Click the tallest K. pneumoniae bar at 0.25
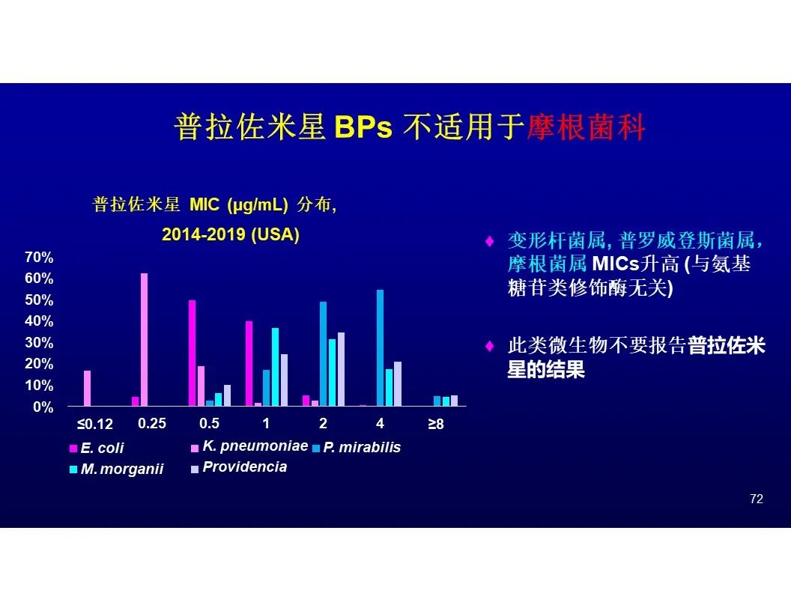pos(144,339)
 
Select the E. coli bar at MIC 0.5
pos(193,353)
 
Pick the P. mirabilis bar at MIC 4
pos(380,348)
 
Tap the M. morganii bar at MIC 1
pos(275,367)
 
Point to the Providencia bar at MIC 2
pos(341,369)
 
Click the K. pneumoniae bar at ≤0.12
pos(88,388)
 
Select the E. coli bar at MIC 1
pos(249,363)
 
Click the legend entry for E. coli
pos(97,448)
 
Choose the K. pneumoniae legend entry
pos(249,446)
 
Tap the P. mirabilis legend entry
pos(357,447)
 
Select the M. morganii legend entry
pos(117,469)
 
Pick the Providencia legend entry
pos(239,467)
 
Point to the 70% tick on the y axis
pos(39,257)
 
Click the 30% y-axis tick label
pos(39,343)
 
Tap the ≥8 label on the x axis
pos(436,424)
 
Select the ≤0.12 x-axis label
pos(95,424)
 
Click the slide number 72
pos(757,499)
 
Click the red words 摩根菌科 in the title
pos(586,127)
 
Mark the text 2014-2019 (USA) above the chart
pos(231,234)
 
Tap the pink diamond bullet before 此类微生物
pos(489,346)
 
